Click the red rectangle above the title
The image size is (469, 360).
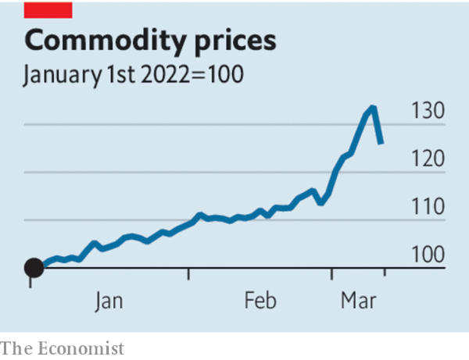tap(49, 9)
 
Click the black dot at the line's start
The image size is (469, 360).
tap(34, 269)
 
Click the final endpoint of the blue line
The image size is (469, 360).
tap(381, 144)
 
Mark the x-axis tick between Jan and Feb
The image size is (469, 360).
tap(188, 275)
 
